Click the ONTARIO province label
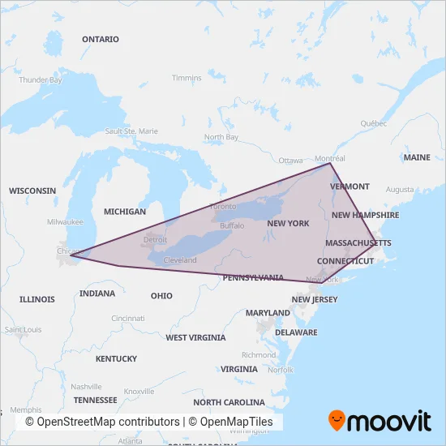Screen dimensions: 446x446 (x=101, y=39)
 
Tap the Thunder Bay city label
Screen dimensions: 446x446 (x=41, y=79)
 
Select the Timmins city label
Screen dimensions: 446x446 (x=187, y=78)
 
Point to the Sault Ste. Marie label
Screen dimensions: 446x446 (x=131, y=131)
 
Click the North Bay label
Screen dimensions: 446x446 (x=221, y=137)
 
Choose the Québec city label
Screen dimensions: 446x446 (x=375, y=123)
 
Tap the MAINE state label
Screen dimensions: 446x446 (x=417, y=157)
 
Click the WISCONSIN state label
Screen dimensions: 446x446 (x=32, y=191)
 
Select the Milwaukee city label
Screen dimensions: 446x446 (x=66, y=221)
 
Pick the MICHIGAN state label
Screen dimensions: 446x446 (x=125, y=212)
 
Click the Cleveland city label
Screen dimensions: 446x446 (x=180, y=260)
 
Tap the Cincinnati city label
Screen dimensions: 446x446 (x=129, y=319)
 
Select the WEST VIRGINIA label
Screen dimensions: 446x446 (x=195, y=337)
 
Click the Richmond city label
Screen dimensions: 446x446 (x=259, y=354)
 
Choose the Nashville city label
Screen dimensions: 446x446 (x=86, y=387)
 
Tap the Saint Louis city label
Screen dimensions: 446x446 (x=23, y=330)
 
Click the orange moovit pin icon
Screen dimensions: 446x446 (x=338, y=420)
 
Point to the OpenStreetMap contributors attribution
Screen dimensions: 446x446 (x=102, y=422)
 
